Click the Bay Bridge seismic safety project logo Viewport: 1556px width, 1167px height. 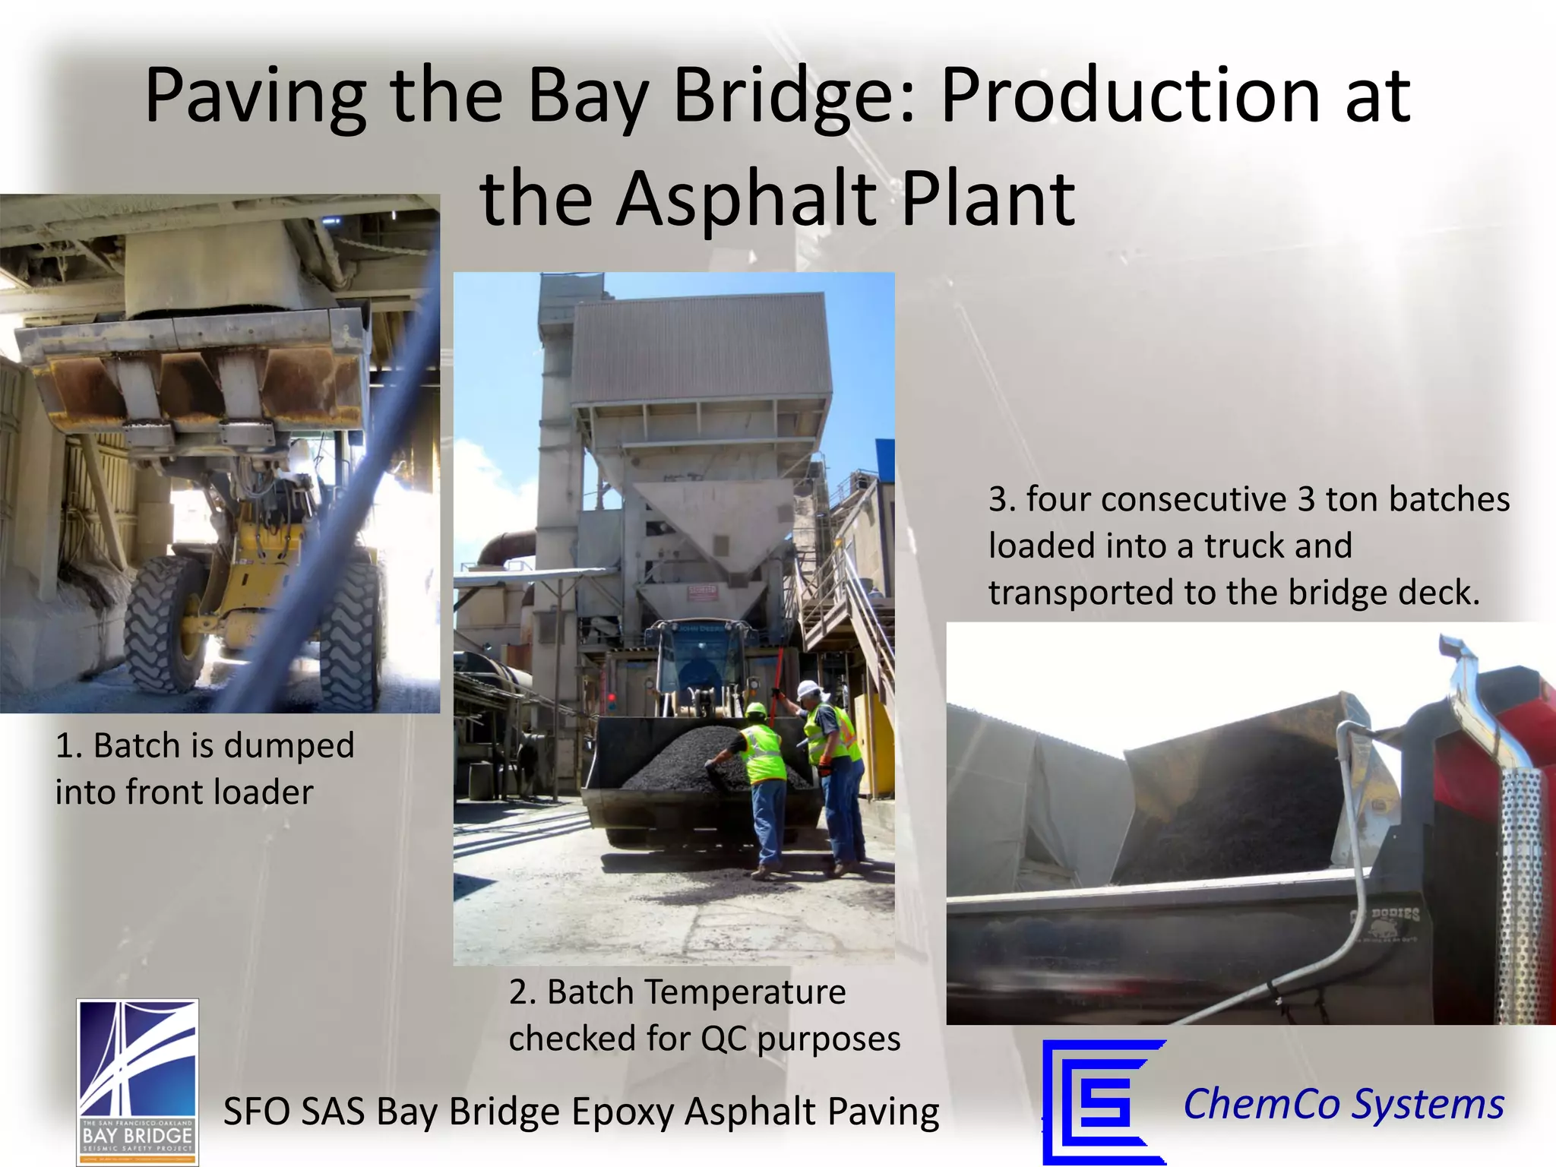coord(138,1081)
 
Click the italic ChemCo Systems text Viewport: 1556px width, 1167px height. coord(1343,1103)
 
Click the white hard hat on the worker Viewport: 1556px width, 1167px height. coord(808,689)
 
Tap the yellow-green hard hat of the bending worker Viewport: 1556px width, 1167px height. coord(755,710)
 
